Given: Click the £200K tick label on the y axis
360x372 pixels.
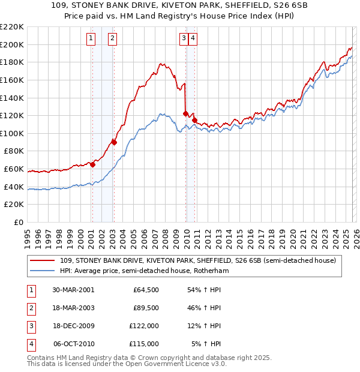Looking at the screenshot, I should pyautogui.click(x=12, y=44).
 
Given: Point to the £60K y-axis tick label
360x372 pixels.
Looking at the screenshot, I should pyautogui.click(x=14, y=169).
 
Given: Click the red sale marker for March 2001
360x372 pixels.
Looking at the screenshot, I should pyautogui.click(x=92, y=164).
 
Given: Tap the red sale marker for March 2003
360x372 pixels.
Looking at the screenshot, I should pyautogui.click(x=113, y=142).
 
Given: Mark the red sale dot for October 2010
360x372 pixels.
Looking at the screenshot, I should pyautogui.click(x=194, y=119).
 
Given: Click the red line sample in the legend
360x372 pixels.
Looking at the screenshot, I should pyautogui.click(x=43, y=260).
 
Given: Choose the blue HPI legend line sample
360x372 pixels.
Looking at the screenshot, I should pyautogui.click(x=43, y=271).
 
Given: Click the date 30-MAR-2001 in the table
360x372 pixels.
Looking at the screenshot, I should pyautogui.click(x=74, y=290).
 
